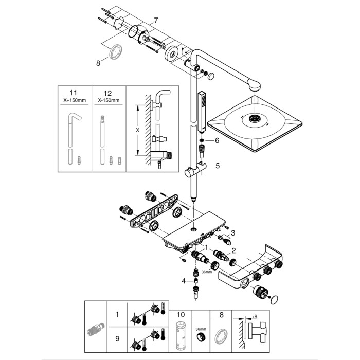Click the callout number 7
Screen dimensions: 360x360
click(x=156, y=20)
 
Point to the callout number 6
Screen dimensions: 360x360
click(x=217, y=140)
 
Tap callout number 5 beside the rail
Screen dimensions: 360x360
click(x=217, y=166)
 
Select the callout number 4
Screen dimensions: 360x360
click(x=183, y=280)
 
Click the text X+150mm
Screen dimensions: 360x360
click(x=74, y=100)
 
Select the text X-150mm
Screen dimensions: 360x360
click(x=108, y=100)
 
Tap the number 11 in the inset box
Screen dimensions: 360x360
click(x=74, y=94)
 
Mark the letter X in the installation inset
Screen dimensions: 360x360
click(x=137, y=130)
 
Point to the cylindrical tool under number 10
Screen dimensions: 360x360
click(x=180, y=336)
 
